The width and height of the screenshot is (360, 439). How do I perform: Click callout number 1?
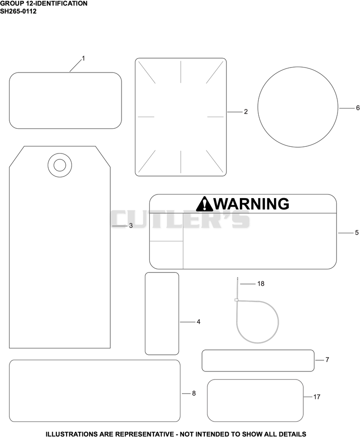[83, 59]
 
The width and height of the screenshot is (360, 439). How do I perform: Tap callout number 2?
[246, 112]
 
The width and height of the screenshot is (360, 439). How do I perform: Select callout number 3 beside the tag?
[130, 226]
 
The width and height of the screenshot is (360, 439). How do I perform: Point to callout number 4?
[198, 322]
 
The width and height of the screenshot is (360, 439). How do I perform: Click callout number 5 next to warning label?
[357, 233]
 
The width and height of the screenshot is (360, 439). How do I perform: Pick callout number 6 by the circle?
[357, 108]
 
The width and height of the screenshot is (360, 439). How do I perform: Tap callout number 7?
[327, 360]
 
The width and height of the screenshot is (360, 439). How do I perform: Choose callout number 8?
[193, 394]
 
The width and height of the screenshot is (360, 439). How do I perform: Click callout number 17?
[317, 397]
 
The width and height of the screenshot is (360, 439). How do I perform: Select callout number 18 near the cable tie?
[261, 284]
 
